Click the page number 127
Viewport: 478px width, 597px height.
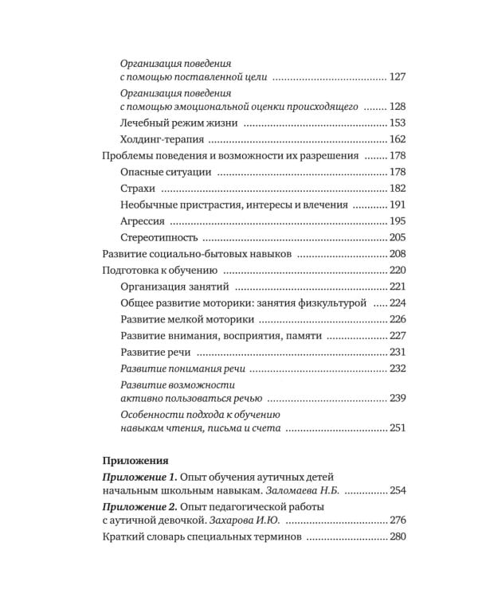coord(398,78)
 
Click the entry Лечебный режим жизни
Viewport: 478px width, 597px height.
coord(178,122)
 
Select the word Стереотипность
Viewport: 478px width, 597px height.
coord(159,237)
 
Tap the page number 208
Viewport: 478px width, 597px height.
coord(398,254)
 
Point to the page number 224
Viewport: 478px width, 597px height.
coord(398,303)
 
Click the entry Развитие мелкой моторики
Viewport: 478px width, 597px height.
coord(187,319)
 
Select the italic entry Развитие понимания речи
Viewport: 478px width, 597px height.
coord(182,369)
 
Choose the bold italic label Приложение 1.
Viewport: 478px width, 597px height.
coord(140,476)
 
